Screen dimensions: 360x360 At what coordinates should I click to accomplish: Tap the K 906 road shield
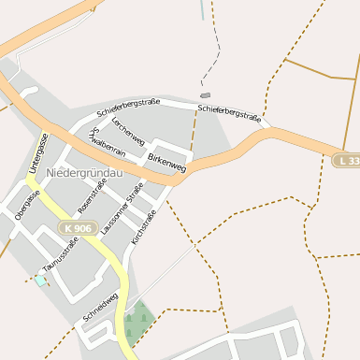pos(78,228)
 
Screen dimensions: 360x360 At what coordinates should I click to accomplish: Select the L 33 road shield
pos(346,162)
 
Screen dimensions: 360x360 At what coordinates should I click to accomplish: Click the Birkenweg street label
pos(166,162)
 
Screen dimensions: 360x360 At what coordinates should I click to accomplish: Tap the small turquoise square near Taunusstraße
pos(40,281)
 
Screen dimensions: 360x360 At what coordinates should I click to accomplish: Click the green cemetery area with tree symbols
pos(137,319)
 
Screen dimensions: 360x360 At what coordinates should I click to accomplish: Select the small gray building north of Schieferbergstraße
pos(206,95)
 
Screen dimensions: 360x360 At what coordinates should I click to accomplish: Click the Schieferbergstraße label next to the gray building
pos(229,113)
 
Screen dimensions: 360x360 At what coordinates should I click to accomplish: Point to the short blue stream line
pos(201,10)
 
